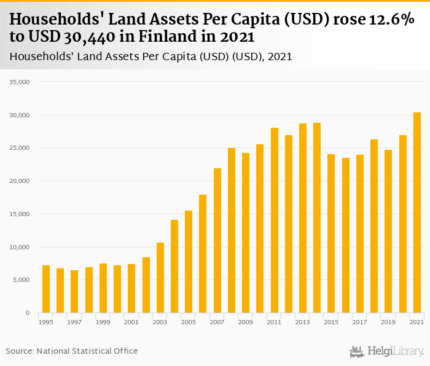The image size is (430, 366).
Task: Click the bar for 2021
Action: (x=417, y=212)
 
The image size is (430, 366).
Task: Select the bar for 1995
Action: (x=46, y=289)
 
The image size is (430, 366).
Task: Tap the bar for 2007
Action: (x=217, y=240)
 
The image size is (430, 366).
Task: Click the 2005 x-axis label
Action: (x=189, y=322)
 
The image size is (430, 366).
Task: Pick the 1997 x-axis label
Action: (x=74, y=322)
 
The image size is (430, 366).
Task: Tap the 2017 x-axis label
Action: (x=360, y=322)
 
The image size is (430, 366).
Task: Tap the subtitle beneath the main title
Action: (x=150, y=56)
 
